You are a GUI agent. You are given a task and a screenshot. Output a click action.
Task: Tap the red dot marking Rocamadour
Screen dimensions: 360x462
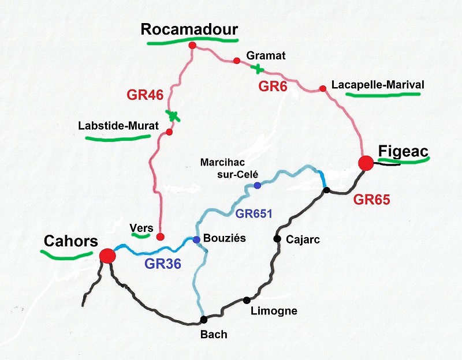(192, 45)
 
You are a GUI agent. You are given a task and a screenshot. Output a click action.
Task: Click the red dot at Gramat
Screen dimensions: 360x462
(236, 61)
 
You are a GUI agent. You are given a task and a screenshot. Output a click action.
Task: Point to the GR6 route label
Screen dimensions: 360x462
(273, 87)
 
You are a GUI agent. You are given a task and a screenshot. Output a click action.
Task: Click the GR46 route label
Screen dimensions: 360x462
(145, 95)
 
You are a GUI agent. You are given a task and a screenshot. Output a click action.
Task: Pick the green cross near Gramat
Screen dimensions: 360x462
(258, 69)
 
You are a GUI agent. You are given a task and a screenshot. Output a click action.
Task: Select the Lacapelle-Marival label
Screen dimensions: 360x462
(378, 85)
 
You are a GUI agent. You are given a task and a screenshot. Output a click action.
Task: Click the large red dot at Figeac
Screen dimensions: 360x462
(365, 163)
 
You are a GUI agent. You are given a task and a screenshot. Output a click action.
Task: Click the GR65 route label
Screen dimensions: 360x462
(372, 200)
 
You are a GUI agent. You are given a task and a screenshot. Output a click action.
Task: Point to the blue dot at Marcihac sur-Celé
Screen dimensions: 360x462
(257, 185)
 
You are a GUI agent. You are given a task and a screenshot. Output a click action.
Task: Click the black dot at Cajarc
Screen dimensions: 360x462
(278, 238)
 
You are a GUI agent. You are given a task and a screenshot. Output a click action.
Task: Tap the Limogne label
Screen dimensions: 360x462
(274, 312)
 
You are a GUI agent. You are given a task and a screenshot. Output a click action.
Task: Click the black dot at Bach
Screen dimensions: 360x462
(203, 320)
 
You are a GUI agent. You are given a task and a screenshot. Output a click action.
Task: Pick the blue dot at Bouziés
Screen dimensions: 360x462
(196, 239)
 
